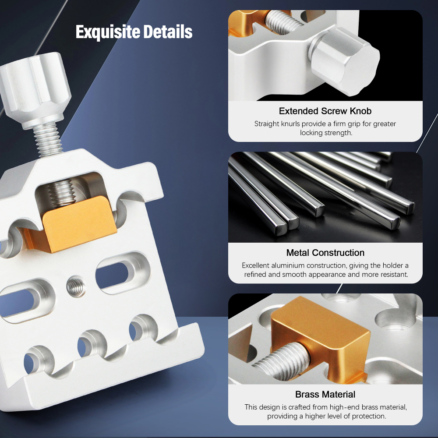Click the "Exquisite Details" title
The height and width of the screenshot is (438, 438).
click(x=134, y=32)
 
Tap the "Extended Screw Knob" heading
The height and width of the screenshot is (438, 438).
click(x=325, y=111)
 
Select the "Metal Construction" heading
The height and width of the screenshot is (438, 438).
click(x=325, y=253)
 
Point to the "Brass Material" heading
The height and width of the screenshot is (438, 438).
click(x=325, y=394)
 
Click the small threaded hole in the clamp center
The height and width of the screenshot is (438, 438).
click(x=75, y=287)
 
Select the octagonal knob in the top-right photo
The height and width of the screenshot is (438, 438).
click(x=346, y=61)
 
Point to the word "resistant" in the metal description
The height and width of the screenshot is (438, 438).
click(x=392, y=275)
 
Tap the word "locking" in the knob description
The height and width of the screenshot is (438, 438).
click(x=311, y=133)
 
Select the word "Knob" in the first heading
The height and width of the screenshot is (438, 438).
click(x=360, y=111)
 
